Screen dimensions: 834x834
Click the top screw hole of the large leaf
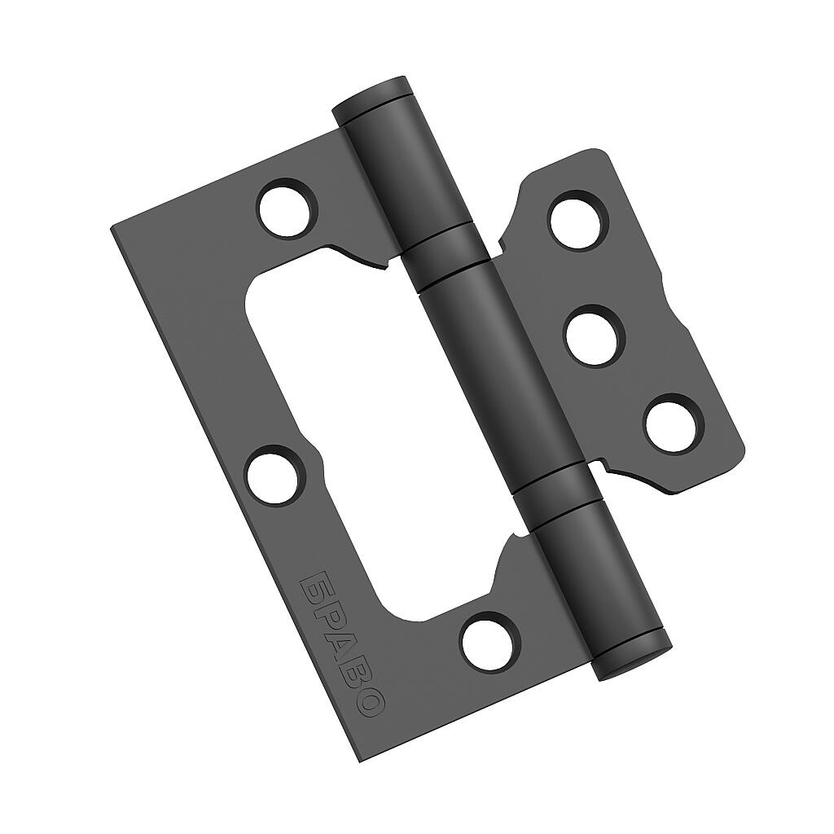click(x=288, y=207)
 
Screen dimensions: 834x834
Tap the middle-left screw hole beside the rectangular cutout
click(x=274, y=475)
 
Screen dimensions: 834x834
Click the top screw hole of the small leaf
click(x=577, y=220)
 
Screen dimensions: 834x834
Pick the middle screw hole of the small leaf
click(x=594, y=335)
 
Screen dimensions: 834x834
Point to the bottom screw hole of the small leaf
click(x=674, y=424)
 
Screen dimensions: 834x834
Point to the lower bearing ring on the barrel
click(x=554, y=493)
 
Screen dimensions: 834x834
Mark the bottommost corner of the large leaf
click(x=362, y=761)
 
